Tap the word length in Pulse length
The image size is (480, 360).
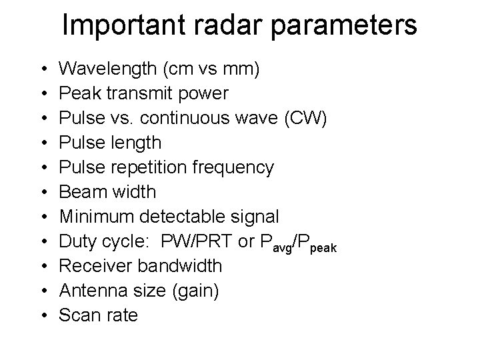point(138,143)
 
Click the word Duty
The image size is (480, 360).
point(79,241)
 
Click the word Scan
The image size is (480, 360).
point(78,315)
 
